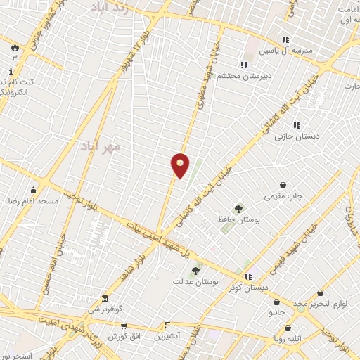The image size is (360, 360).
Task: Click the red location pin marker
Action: pos(180,165)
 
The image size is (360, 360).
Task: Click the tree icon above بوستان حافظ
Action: pos(239,209)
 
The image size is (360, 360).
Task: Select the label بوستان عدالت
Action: pos(196,281)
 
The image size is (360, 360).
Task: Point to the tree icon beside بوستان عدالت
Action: pos(195,271)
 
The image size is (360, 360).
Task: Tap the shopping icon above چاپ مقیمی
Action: pos(283,186)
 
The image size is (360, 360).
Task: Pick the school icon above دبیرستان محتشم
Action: pos(243,65)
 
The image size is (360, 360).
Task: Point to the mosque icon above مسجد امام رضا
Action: pos(33,190)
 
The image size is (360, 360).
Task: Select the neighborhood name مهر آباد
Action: pos(102,146)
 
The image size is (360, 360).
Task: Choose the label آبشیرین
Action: pos(167,337)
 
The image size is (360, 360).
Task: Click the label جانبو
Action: pos(276,311)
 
